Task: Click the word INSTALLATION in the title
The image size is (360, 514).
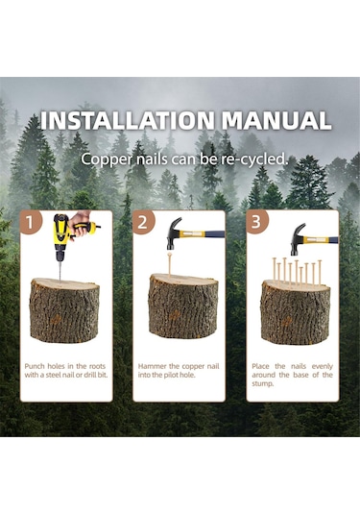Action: (127, 120)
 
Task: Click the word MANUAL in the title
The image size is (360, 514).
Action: (276, 120)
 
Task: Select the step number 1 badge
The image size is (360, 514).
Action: (30, 223)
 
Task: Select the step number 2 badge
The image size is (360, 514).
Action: (143, 223)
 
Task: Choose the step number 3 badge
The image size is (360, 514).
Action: (256, 222)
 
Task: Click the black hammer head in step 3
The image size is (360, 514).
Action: (297, 239)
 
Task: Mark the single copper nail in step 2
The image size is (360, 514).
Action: (170, 266)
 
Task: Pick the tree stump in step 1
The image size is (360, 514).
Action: (65, 309)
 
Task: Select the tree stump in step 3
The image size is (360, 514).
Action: (296, 312)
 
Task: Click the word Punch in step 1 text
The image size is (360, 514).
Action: (35, 366)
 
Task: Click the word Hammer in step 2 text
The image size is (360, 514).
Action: (152, 366)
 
